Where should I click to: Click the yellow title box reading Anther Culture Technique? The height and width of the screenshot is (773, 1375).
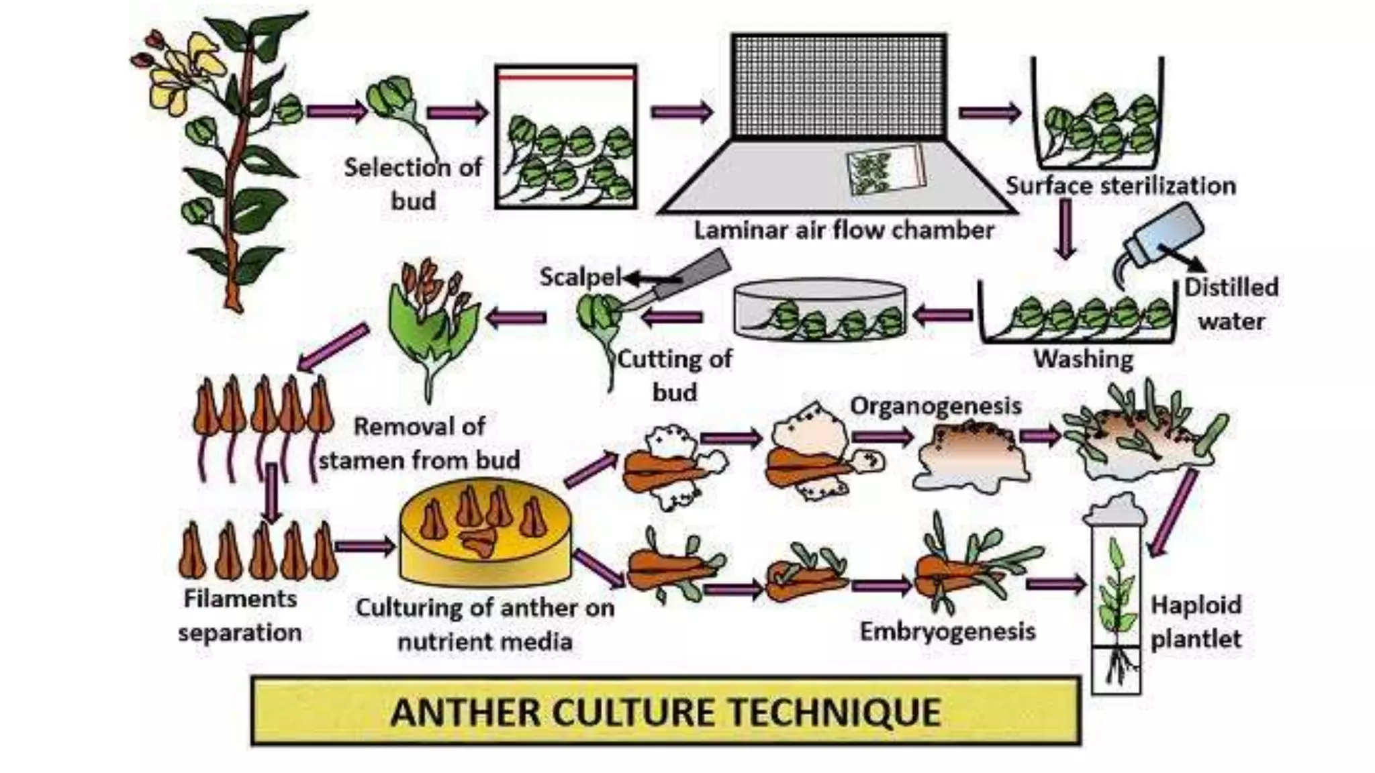point(665,711)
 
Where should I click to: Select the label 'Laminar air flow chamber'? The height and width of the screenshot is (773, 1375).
point(843,230)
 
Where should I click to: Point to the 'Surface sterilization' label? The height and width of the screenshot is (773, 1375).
point(1120,186)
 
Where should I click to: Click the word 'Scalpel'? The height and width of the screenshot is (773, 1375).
point(580,276)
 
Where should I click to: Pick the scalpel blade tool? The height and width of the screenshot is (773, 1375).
point(678,282)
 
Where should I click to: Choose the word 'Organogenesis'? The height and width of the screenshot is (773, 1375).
point(935,406)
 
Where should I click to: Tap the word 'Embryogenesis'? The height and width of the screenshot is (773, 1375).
point(947,631)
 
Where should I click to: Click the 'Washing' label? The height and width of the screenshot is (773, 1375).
point(1083,359)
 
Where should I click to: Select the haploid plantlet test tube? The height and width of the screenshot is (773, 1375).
point(1116,604)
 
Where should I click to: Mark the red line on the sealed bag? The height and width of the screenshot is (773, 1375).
point(566,77)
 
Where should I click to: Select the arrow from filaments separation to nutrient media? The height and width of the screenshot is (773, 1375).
point(365,546)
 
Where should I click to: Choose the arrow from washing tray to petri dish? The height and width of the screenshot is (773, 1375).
point(944,315)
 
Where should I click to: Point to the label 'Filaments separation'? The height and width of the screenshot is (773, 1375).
point(240,615)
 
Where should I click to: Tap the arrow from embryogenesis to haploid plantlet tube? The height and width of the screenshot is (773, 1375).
point(1056,584)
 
